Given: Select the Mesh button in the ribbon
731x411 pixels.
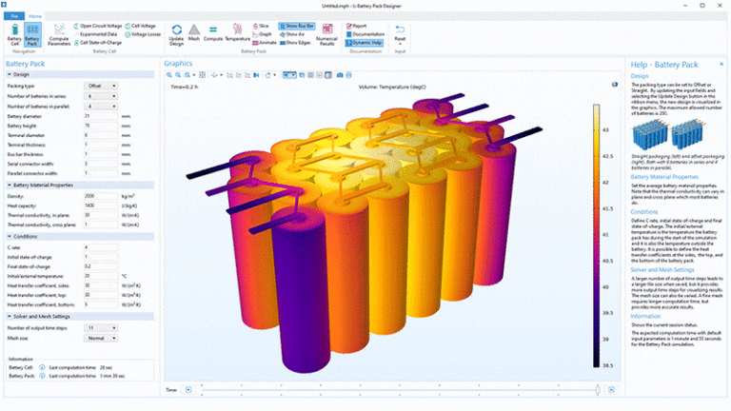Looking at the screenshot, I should [x=195, y=37].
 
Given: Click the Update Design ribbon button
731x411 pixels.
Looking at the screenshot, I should [x=176, y=37].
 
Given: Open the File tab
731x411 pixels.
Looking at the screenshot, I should [x=15, y=16].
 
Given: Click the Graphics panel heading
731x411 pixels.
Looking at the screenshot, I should [x=178, y=64].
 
